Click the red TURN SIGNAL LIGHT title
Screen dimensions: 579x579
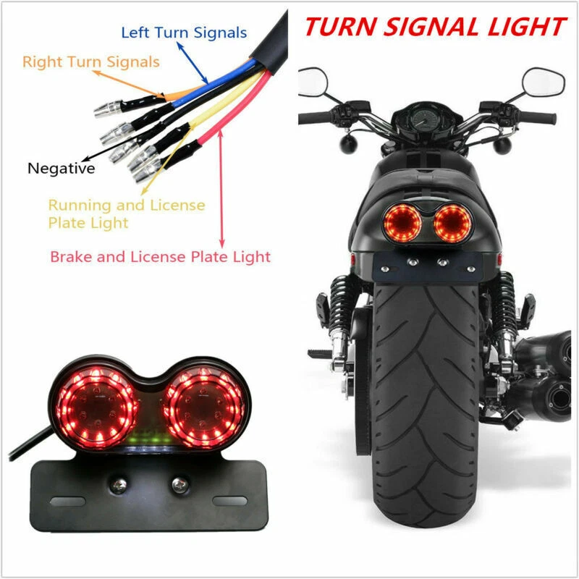coord(434,28)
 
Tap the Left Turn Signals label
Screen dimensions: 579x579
coord(183,33)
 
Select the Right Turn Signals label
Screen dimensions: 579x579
coord(90,62)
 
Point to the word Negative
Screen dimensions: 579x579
coord(62,169)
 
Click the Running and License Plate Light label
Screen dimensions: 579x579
coord(126,214)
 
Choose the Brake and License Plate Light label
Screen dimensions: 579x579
coord(160,256)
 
